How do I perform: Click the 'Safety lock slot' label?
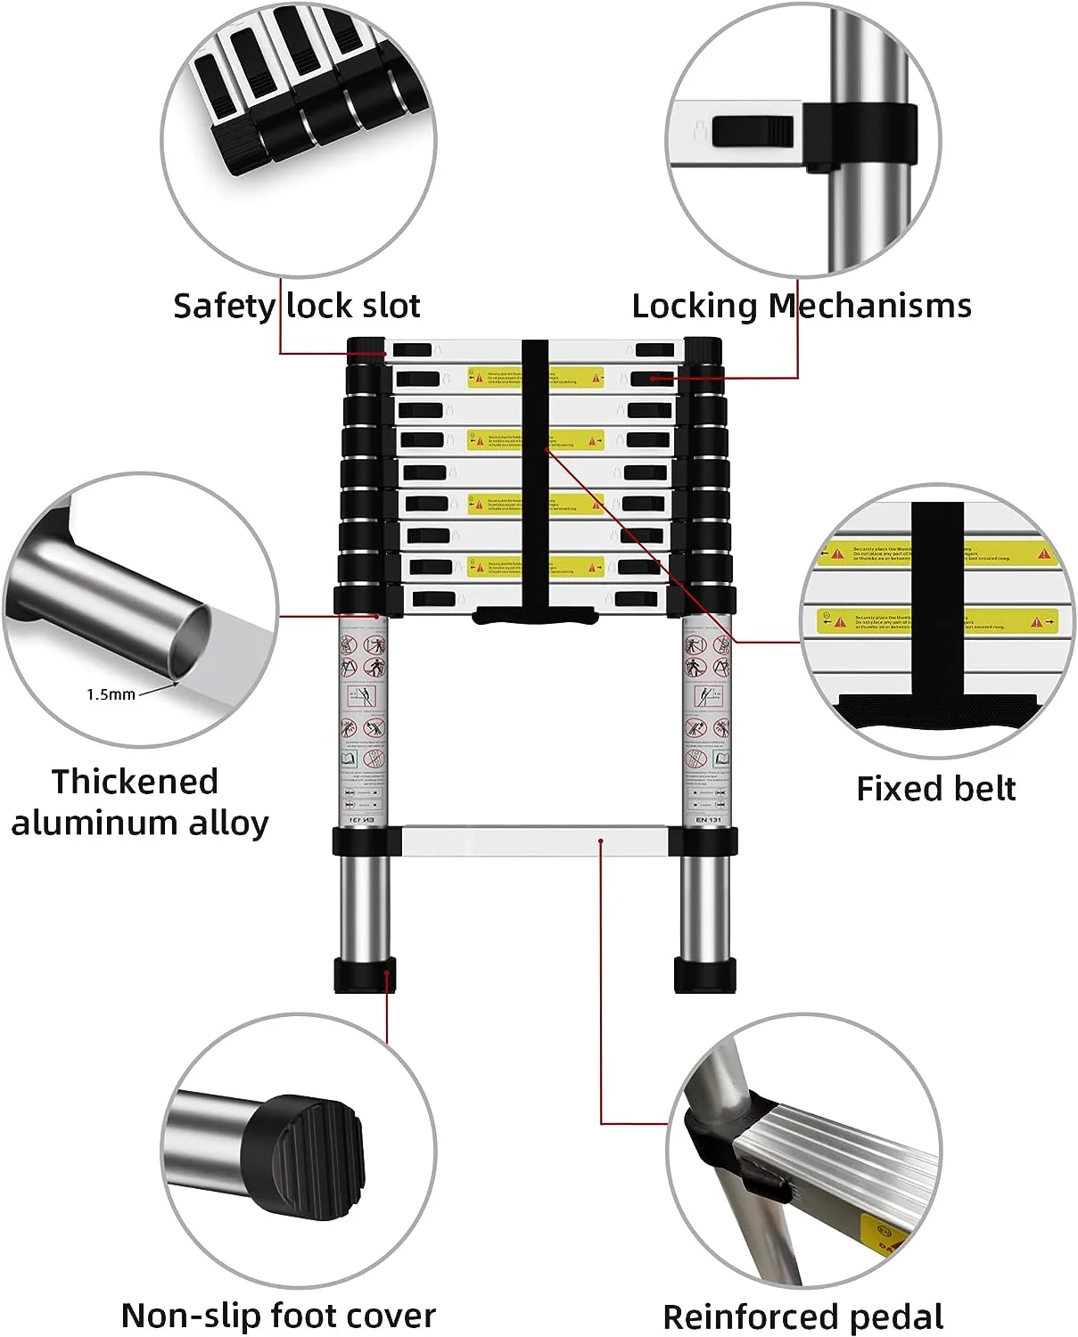click(x=296, y=306)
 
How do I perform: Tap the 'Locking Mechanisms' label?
click(x=801, y=306)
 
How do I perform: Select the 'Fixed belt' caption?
click(x=935, y=789)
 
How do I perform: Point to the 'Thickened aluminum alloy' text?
click(x=138, y=801)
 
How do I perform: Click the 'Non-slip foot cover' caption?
click(x=278, y=1315)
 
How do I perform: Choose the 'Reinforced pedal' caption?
click(x=802, y=1316)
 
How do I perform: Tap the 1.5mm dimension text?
click(x=111, y=694)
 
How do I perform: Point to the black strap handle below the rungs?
click(x=534, y=615)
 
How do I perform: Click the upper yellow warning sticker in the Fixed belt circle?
click(x=936, y=554)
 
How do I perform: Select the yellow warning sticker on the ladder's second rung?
click(x=535, y=378)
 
